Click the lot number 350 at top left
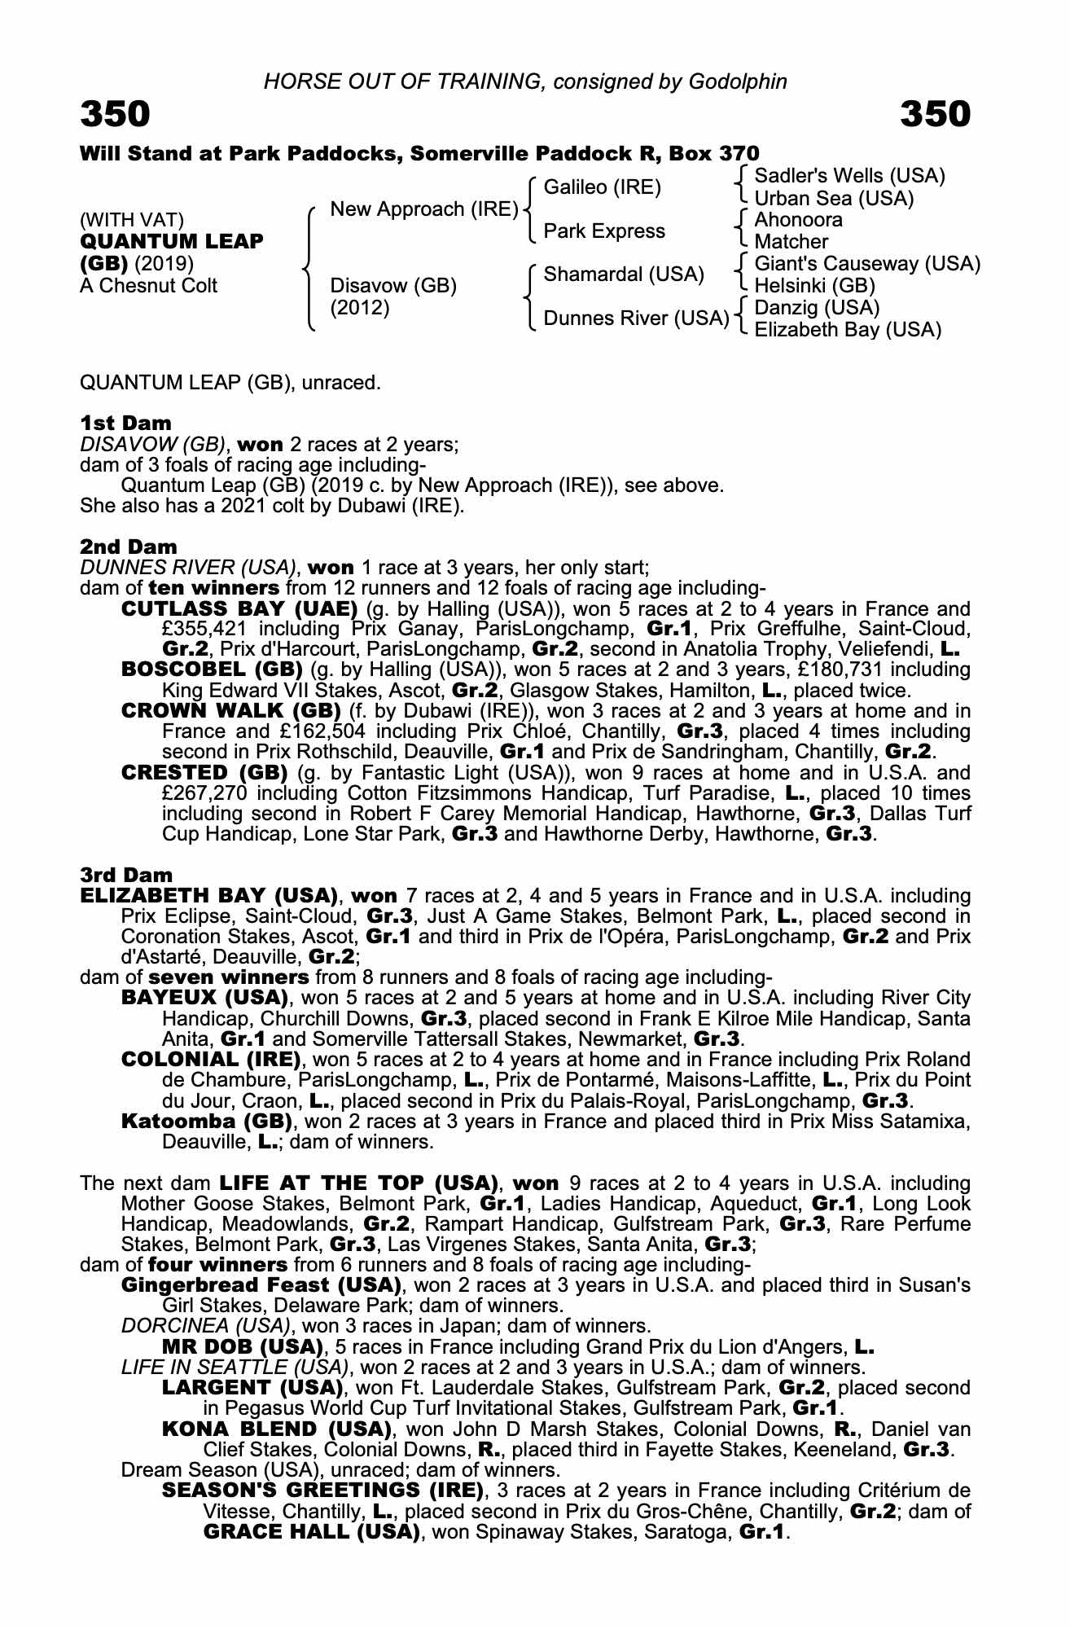115,114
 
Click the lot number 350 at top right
936,114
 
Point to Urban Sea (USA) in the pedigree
834,198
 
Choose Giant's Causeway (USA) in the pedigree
867,264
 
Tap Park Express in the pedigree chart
604,231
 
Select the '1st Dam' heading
125,423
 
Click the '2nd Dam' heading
128,547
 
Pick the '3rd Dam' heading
126,875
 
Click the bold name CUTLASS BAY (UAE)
239,609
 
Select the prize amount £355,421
203,629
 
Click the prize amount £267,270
203,793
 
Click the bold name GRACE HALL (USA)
310,1532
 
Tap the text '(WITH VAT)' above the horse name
132,220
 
